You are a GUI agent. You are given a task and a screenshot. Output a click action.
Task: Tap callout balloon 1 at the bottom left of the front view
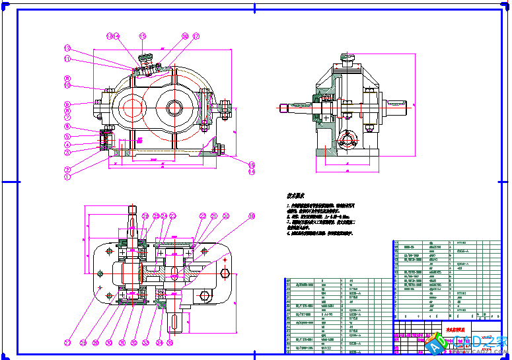[x=67, y=177]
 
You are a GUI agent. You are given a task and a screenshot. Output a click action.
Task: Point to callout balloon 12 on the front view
[x=67, y=48]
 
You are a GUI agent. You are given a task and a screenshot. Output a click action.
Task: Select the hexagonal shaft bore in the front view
[x=175, y=106]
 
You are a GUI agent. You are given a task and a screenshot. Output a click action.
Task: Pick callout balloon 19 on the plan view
[x=251, y=216]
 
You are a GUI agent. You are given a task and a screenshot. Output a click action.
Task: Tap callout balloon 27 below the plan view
[x=67, y=343]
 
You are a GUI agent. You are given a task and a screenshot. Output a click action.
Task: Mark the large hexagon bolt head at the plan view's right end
[x=226, y=274]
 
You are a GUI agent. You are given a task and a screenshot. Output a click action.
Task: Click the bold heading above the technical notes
[x=294, y=196]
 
